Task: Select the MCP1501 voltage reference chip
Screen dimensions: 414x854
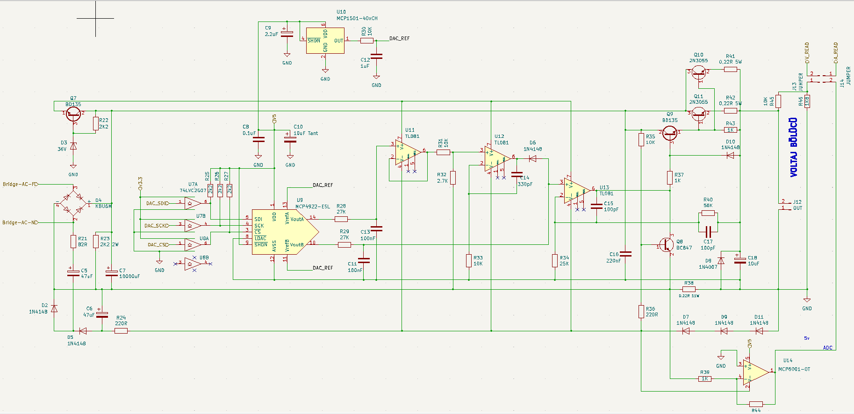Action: (x=325, y=41)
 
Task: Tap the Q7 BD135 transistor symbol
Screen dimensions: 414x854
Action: (x=73, y=114)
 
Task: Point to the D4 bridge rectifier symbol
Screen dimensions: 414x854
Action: (x=73, y=204)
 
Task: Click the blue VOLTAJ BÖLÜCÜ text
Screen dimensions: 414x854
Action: (x=794, y=147)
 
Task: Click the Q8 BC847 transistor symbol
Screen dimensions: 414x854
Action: (x=667, y=244)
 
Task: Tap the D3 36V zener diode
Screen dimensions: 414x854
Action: (x=73, y=146)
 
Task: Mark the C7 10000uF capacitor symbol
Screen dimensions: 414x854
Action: (x=111, y=272)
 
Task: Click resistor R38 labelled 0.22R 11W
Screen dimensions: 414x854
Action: (x=689, y=289)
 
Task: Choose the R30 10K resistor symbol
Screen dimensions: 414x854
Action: (x=367, y=41)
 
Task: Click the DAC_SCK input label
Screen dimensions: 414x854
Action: (x=157, y=226)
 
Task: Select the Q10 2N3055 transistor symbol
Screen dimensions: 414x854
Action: (x=699, y=71)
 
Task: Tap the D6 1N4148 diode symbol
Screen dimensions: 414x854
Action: (x=532, y=159)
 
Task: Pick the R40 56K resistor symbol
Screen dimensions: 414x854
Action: (x=708, y=213)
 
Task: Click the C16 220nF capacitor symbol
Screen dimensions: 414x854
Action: (x=625, y=254)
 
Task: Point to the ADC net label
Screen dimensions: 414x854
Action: (x=827, y=348)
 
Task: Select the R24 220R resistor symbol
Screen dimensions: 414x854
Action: (x=121, y=331)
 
